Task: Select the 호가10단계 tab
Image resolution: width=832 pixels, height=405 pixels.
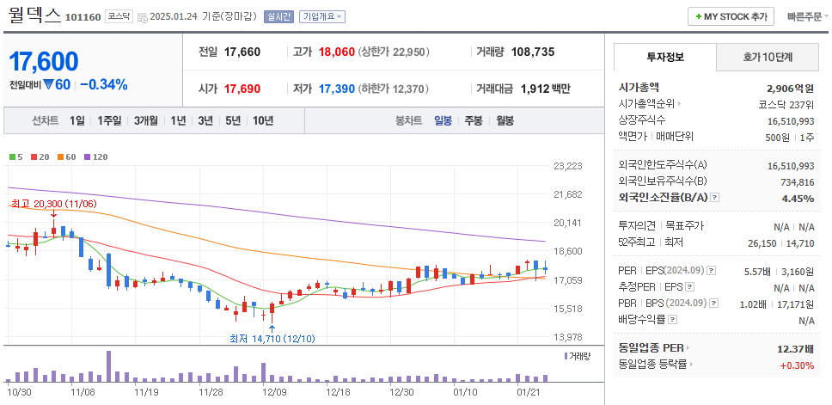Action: pyautogui.click(x=767, y=57)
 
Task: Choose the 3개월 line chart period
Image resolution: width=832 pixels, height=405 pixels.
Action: pyautogui.click(x=145, y=120)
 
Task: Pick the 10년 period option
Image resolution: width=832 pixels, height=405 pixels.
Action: pyautogui.click(x=262, y=120)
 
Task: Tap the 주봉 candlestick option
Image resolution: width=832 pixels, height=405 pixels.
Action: pyautogui.click(x=473, y=120)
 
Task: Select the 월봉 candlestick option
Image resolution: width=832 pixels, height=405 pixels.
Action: pyautogui.click(x=505, y=120)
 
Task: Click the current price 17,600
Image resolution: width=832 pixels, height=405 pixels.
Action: pyautogui.click(x=44, y=61)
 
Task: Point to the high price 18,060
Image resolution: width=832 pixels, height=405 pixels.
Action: pyautogui.click(x=336, y=52)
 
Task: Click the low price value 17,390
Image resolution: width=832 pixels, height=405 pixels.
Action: pyautogui.click(x=336, y=89)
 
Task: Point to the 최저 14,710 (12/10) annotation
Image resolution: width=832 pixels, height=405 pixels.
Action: pyautogui.click(x=272, y=339)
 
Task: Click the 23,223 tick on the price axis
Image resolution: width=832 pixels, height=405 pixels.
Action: pyautogui.click(x=568, y=166)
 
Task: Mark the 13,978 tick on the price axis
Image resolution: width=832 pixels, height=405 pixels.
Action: pyautogui.click(x=568, y=337)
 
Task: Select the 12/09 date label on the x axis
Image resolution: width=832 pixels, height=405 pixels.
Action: pyautogui.click(x=273, y=392)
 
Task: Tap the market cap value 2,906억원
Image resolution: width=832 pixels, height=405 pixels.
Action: pyautogui.click(x=789, y=88)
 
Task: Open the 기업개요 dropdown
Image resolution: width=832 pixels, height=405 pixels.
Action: pyautogui.click(x=322, y=16)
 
